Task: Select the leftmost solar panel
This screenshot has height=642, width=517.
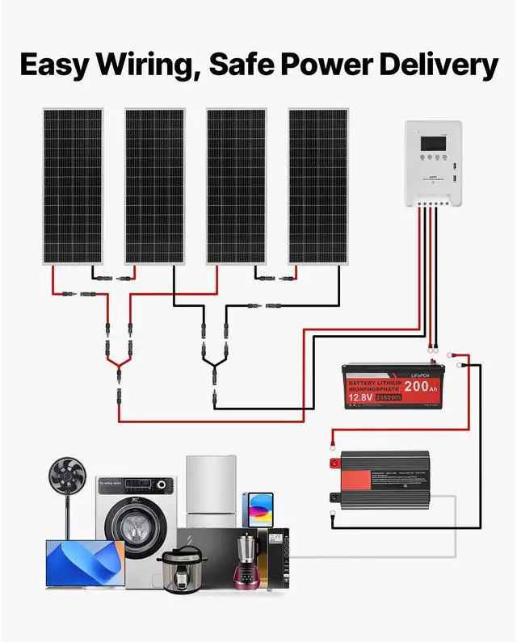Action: point(73,186)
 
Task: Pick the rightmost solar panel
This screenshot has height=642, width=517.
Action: point(317,186)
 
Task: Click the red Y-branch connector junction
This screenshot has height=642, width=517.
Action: point(119,367)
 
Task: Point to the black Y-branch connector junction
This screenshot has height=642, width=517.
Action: point(214,366)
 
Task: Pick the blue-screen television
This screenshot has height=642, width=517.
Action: point(85,564)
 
